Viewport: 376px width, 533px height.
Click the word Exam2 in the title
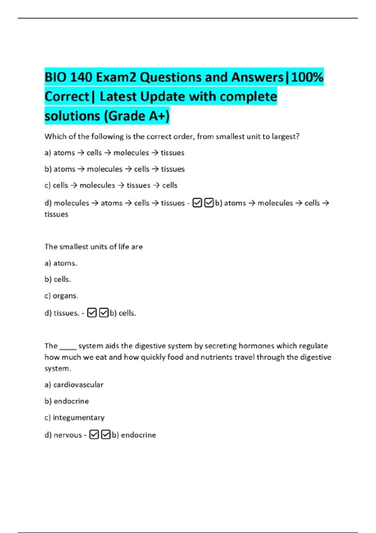coord(116,77)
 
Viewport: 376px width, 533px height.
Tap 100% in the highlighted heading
coord(307,77)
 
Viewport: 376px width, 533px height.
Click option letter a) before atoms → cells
coord(48,153)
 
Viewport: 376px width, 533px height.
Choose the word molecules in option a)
coord(131,153)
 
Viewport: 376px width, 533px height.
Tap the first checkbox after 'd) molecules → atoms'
coord(197,203)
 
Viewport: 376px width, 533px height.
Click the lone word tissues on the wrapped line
coord(56,214)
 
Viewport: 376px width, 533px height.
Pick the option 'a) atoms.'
coord(60,263)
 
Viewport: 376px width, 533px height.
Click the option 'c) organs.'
coord(61,296)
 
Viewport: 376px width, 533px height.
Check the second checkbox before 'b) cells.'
coord(104,313)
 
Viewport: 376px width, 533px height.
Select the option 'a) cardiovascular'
coord(74,385)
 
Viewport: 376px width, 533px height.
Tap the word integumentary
coord(79,418)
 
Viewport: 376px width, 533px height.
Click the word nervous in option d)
coord(68,435)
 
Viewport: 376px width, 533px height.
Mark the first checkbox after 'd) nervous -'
coord(94,435)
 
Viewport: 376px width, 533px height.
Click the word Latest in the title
coord(118,97)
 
